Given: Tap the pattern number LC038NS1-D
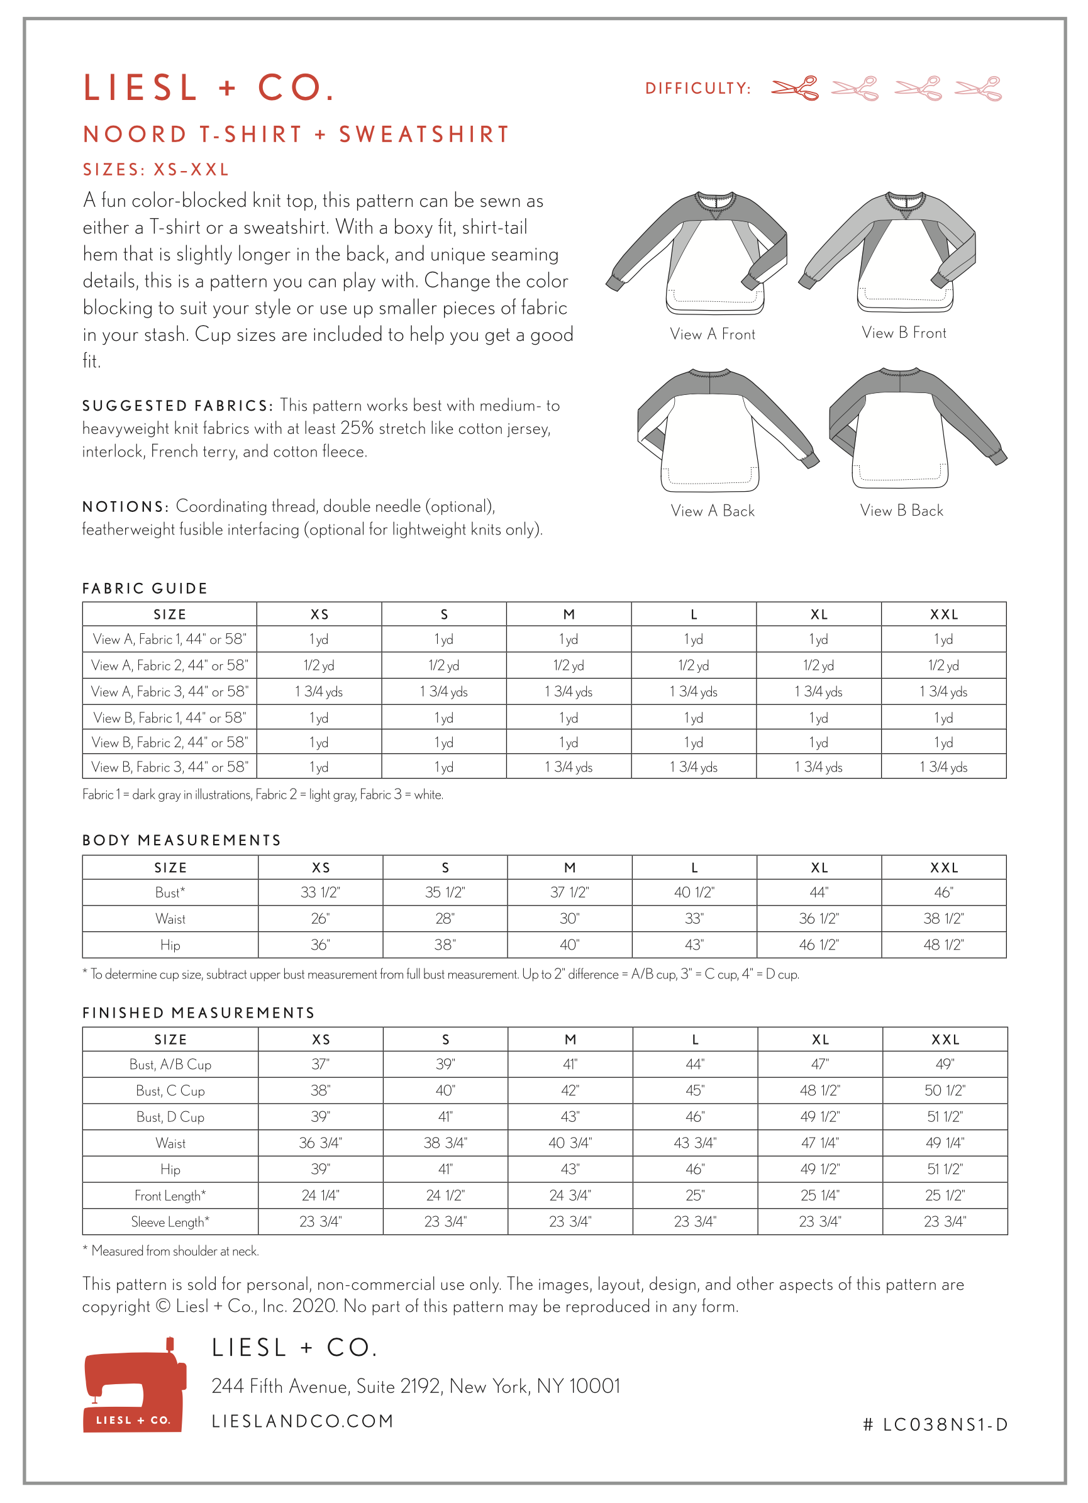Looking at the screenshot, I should click(x=935, y=1425).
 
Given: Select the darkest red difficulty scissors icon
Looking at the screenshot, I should click(x=794, y=88).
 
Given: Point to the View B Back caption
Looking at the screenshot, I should click(x=901, y=510).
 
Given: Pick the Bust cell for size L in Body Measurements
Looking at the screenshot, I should click(x=694, y=892).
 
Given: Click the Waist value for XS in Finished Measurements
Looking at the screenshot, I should click(x=320, y=1143).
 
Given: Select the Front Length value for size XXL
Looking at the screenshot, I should click(x=944, y=1195).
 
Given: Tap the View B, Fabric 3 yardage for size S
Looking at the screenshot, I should click(x=444, y=767).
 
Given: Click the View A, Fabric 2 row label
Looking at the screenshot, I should click(x=170, y=665).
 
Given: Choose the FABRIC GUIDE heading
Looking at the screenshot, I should click(x=145, y=589).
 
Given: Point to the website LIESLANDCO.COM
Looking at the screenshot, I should click(x=303, y=1421).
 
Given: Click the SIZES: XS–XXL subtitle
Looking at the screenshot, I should click(x=156, y=170).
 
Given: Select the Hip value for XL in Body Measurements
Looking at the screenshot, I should click(x=818, y=945).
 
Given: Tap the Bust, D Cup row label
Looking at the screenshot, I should click(x=170, y=1118).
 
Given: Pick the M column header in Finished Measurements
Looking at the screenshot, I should click(x=570, y=1040).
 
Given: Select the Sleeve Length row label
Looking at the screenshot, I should click(x=170, y=1222).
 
